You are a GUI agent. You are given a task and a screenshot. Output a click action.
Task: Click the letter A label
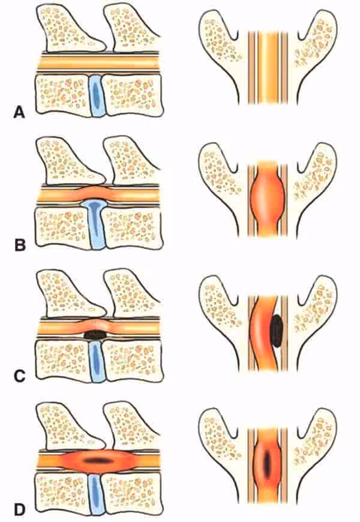point(19,112)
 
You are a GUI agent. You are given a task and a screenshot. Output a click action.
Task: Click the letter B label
point(20,245)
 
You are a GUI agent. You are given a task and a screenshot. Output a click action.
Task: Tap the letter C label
point(20,376)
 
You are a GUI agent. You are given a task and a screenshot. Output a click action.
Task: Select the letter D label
point(20,509)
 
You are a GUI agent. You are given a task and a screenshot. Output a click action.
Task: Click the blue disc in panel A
point(96,96)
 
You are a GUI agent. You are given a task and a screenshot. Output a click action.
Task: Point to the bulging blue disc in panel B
point(96,223)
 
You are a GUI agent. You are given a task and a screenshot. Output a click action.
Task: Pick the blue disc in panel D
point(96,494)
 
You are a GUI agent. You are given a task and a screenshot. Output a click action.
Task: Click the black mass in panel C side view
point(95,335)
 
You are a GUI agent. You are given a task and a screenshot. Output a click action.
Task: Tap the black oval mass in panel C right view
point(277,331)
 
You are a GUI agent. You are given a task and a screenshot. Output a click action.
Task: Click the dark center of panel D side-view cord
point(97,461)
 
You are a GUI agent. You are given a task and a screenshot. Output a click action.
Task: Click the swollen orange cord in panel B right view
point(268,198)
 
